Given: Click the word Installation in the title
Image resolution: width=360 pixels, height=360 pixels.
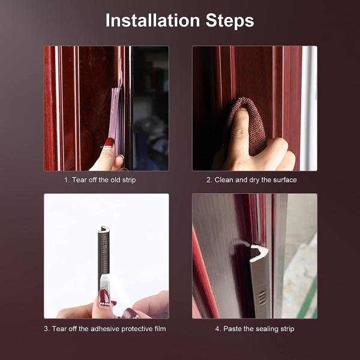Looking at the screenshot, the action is coord(152,20).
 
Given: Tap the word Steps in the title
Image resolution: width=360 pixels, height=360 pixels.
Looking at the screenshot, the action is coord(230,21).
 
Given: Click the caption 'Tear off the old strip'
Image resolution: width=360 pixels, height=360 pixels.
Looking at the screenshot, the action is coord(104,180).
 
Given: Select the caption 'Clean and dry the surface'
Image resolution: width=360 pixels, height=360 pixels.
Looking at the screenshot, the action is coord(256,180).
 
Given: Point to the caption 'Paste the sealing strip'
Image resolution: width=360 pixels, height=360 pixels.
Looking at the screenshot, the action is coord(259,329).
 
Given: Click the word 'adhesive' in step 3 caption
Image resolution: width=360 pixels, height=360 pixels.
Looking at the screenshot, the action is coord(105,329).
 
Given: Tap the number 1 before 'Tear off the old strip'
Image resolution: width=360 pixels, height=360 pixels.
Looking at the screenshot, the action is coord(67,180).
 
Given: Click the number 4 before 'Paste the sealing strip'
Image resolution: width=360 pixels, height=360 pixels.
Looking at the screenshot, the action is coord(218,329).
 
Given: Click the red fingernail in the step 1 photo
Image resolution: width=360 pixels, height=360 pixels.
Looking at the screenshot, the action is coord(109,143).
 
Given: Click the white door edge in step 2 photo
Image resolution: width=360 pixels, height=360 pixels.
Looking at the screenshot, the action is coord(309,108).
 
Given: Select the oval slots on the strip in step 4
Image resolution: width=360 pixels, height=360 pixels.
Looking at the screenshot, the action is coord(262,298).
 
